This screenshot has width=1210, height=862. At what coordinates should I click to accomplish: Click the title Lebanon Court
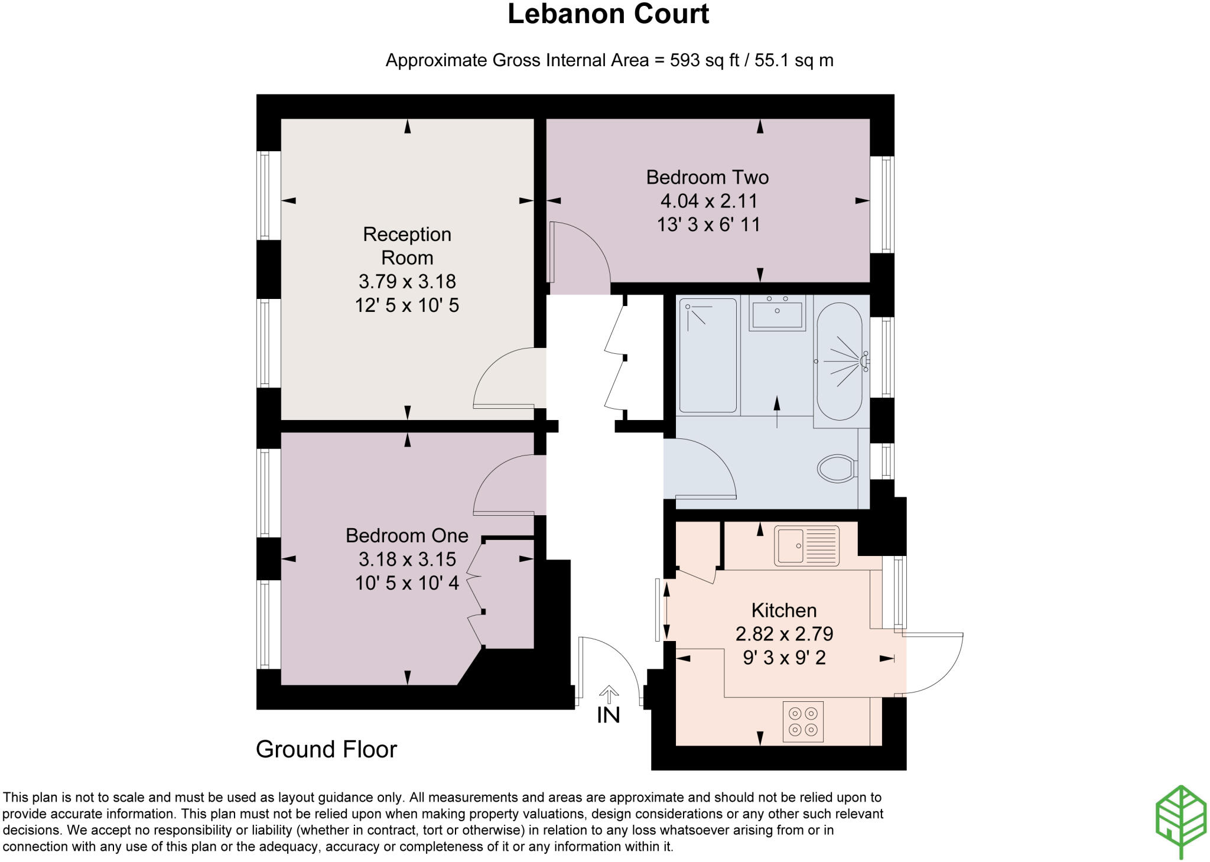click(x=608, y=14)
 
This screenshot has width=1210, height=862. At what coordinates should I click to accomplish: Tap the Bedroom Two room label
click(x=707, y=177)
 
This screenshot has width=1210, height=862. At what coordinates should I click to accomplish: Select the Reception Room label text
click(x=407, y=246)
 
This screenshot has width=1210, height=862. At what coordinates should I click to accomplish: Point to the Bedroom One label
click(x=406, y=535)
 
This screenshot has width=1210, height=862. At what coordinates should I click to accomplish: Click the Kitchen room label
click(x=783, y=610)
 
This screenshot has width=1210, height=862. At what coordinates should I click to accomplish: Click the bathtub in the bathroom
click(x=839, y=362)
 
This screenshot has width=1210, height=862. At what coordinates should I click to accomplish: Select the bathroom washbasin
click(x=777, y=313)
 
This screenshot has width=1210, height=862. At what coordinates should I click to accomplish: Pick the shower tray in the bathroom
click(x=708, y=355)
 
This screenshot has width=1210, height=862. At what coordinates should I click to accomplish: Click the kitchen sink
click(x=806, y=546)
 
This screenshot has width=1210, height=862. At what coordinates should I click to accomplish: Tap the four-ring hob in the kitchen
click(x=803, y=721)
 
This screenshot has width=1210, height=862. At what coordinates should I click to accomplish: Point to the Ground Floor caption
click(x=326, y=749)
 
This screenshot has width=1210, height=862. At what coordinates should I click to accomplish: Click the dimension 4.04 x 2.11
click(x=708, y=201)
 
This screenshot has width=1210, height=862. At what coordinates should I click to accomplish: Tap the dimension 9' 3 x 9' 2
click(x=784, y=657)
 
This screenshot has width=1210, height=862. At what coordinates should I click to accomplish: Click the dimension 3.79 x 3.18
click(x=407, y=281)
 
